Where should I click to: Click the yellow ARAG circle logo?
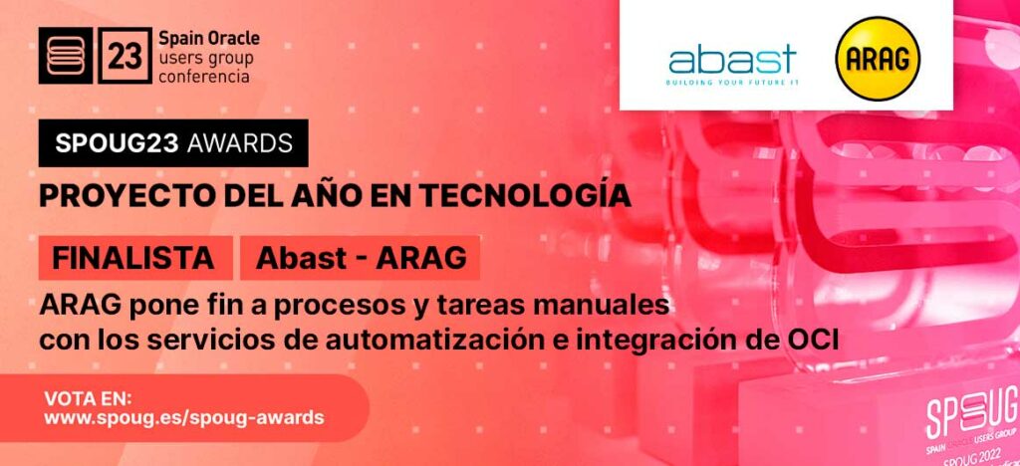(878, 58)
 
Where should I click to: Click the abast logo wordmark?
(732, 58)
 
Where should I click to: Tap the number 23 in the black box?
(126, 57)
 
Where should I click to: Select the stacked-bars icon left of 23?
(66, 57)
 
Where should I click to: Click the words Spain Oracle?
(209, 39)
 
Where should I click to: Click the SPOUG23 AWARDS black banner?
(173, 142)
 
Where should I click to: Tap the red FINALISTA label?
(133, 258)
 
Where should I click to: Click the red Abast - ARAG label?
(361, 258)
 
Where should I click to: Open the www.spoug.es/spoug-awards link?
(183, 418)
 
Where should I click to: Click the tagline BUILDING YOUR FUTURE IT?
(732, 82)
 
